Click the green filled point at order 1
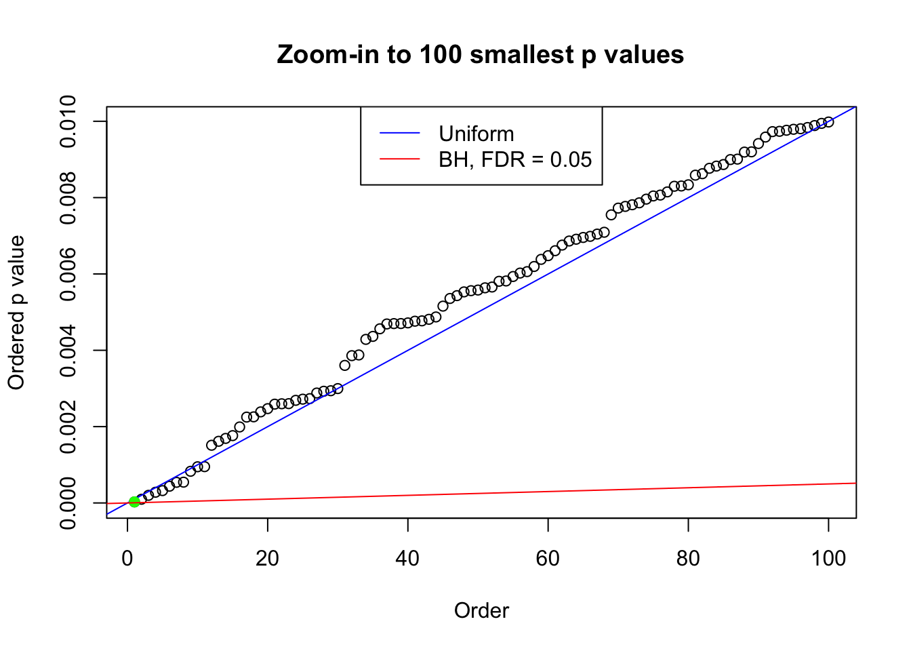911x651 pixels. point(134,502)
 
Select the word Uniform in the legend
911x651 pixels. point(476,134)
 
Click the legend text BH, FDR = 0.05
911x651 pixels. point(515,159)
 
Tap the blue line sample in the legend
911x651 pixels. point(400,134)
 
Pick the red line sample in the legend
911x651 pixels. point(400,159)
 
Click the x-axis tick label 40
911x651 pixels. point(408,559)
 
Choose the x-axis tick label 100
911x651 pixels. point(828,559)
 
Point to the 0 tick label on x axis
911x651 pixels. point(127,559)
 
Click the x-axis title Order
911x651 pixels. point(481,611)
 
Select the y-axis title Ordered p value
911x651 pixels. point(16,313)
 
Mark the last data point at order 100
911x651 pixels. point(828,122)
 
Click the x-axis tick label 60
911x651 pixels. point(548,559)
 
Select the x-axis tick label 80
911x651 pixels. point(688,559)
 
